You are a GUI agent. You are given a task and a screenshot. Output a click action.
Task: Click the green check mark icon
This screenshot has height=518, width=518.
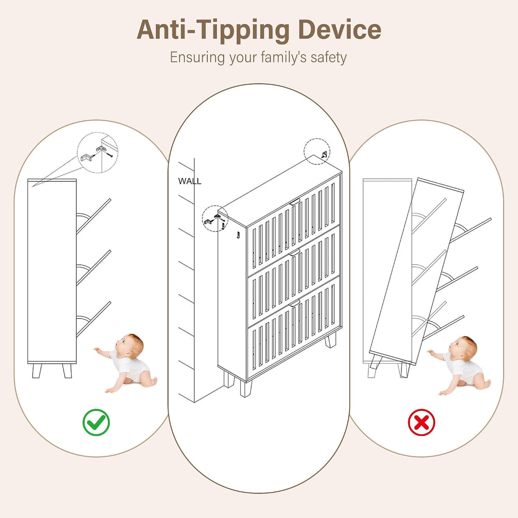[x=96, y=422]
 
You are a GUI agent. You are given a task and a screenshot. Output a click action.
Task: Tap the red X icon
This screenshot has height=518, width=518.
[x=421, y=422]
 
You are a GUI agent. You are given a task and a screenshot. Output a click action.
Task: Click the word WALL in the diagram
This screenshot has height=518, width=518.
[x=190, y=181]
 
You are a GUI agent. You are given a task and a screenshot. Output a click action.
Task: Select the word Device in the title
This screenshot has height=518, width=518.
[x=340, y=30]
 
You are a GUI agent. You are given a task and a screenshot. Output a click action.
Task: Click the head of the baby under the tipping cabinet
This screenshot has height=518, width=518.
[x=463, y=349]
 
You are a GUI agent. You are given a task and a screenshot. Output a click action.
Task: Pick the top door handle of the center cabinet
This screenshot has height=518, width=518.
[x=295, y=201]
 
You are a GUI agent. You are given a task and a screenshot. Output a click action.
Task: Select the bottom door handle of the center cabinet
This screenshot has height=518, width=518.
[x=295, y=303]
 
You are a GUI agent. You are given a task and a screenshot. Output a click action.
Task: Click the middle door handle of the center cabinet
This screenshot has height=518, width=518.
[x=295, y=252]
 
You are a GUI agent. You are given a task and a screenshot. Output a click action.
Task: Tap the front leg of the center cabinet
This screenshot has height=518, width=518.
[x=246, y=389]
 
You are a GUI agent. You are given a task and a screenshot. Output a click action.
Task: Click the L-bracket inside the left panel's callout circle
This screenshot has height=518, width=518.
[x=86, y=157]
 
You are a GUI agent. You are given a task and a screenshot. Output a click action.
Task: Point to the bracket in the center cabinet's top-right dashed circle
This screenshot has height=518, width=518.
[x=324, y=154]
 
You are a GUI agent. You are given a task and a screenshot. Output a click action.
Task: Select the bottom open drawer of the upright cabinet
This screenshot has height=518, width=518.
[x=93, y=319]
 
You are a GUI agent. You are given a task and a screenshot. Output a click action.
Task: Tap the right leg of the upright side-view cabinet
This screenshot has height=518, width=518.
[x=67, y=371]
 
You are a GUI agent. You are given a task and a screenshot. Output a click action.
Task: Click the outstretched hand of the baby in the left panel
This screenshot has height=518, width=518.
[x=97, y=350]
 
